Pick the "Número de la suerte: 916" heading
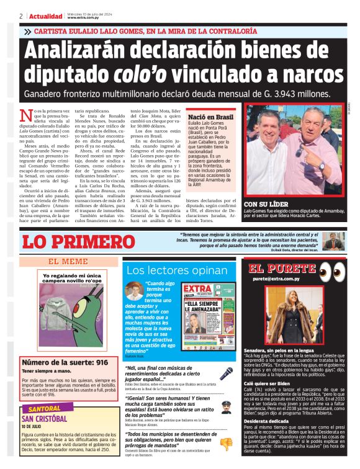[x=65, y=362]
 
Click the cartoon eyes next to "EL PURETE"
[x=332, y=270]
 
